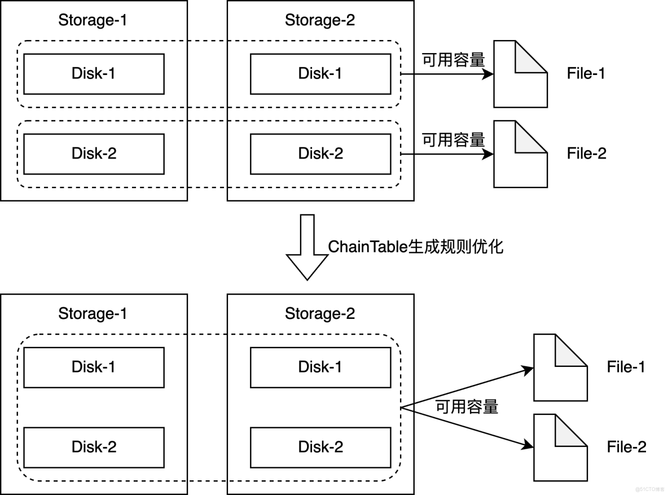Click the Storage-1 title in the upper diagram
(93, 20)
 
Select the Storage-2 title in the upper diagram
(320, 20)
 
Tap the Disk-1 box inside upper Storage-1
(94, 73)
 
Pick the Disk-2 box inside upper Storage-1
(94, 154)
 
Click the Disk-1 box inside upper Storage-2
(320, 73)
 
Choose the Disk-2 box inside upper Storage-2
(320, 154)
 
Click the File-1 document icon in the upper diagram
(520, 74)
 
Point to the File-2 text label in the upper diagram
(586, 154)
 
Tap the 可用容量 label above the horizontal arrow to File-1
(454, 60)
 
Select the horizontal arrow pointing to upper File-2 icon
(446, 154)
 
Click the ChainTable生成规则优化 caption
(415, 247)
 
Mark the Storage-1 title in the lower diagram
(93, 314)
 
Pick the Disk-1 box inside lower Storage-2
(320, 367)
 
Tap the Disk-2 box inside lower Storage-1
(94, 447)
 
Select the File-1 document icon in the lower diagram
(560, 367)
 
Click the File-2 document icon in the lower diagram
(560, 447)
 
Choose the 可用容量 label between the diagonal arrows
(467, 407)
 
